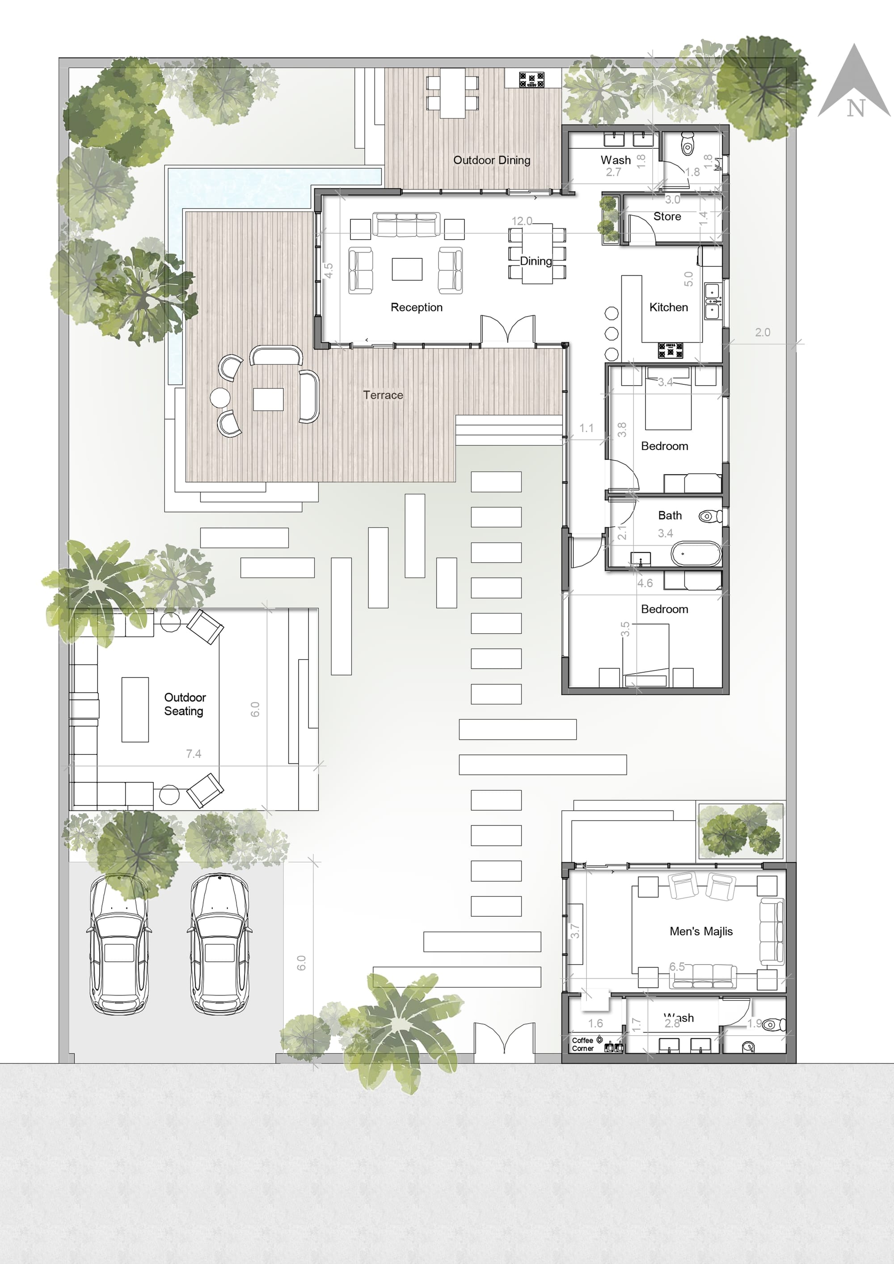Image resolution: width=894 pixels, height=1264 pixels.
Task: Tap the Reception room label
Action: [x=416, y=307]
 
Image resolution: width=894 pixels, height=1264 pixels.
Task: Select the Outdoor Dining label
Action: [x=492, y=160]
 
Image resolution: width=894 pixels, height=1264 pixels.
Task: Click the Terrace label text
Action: [x=383, y=395]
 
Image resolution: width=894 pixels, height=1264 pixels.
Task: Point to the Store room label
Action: [x=666, y=216]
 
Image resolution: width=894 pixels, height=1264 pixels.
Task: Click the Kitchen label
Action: [x=668, y=307]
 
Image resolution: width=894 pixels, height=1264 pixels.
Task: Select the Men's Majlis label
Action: [x=701, y=931]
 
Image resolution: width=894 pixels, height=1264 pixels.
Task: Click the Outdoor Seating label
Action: [x=185, y=704]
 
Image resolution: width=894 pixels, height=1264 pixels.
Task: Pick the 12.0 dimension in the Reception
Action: [x=521, y=221]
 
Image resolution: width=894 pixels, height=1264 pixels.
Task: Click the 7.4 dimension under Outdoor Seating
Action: [x=193, y=754]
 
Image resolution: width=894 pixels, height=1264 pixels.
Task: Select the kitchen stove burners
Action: [x=670, y=350]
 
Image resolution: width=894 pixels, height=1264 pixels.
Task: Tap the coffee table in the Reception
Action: [x=407, y=269]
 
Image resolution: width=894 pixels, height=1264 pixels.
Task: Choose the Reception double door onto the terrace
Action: [x=507, y=330]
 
